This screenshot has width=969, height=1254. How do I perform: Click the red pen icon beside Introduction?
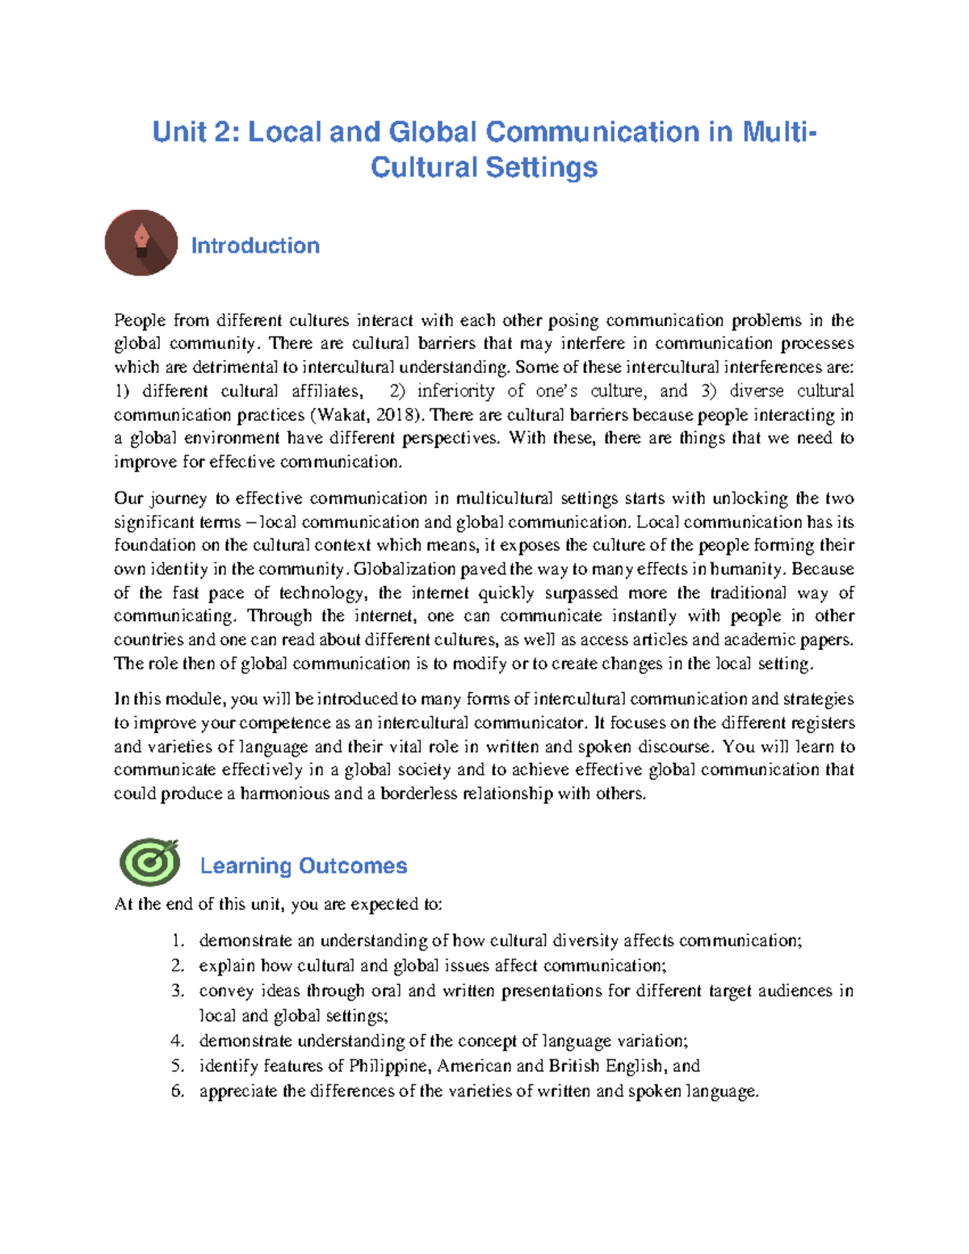141,243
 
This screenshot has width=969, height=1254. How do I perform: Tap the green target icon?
150,862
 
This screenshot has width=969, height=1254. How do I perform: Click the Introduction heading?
255,245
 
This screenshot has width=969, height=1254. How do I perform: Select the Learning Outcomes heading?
303,866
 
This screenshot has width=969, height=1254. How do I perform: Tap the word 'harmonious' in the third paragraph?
284,794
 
